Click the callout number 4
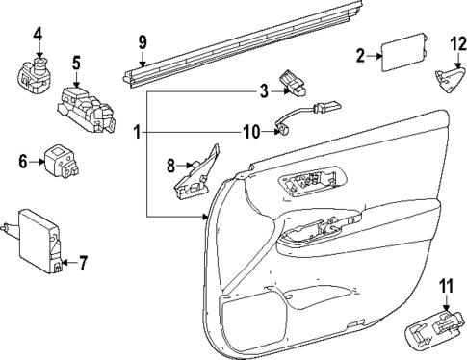[38, 35]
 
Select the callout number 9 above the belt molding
[143, 42]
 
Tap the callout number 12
[458, 44]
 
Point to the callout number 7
[83, 263]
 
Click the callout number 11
[447, 286]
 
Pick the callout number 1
[137, 132]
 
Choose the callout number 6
[23, 162]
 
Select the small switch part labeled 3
[293, 84]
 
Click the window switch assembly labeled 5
[86, 110]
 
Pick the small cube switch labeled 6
[62, 161]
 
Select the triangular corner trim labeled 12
[450, 80]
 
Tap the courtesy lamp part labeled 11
[435, 329]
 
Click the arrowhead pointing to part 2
[379, 56]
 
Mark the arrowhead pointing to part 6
[41, 162]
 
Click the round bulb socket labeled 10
[282, 129]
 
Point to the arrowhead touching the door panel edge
[206, 217]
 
